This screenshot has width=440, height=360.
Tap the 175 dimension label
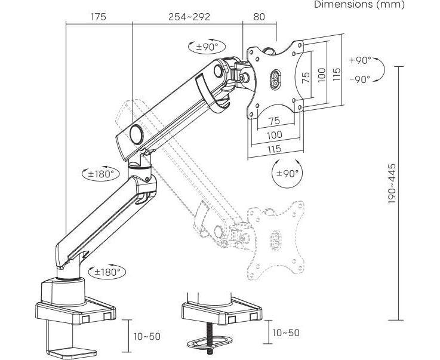pos(99,17)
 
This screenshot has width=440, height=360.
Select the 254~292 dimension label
pos(189,17)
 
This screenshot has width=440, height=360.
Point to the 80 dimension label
pos(259,17)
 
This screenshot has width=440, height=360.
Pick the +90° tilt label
pos(360,60)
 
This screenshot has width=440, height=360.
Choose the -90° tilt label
pos(360,78)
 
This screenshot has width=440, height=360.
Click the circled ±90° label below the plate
pos(287,174)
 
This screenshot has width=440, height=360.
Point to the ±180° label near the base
pos(107,272)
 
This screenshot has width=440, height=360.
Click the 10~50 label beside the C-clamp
pos(147,337)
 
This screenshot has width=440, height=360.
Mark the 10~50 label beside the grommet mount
pos(285,333)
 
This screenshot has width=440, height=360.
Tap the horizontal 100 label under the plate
pos(274,136)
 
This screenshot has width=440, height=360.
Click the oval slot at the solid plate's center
pos(275,80)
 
